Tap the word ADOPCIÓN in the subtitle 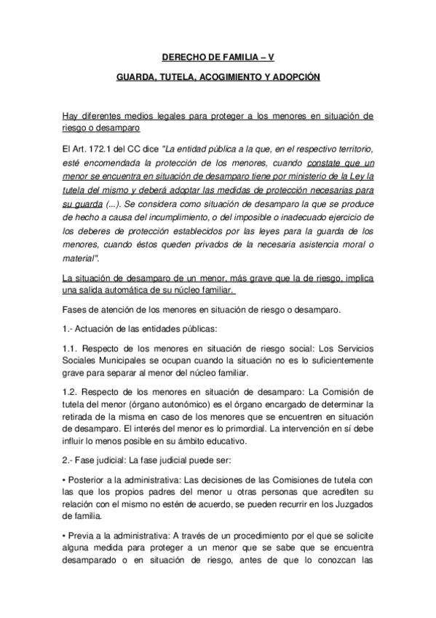(298, 77)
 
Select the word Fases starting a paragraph (78, 309)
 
